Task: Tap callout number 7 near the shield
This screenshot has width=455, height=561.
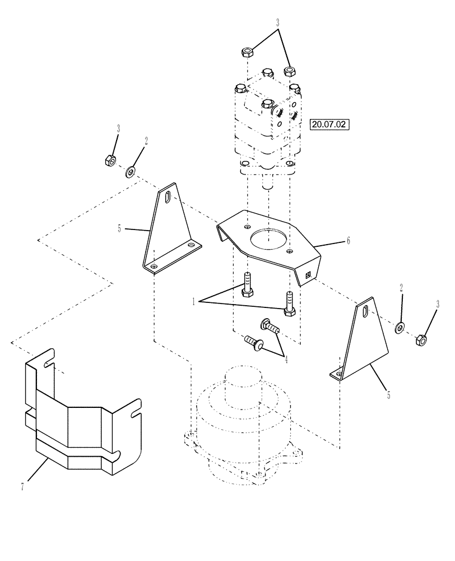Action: tap(22, 487)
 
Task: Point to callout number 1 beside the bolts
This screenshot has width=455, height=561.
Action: tap(194, 301)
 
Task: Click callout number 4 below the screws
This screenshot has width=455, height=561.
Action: tap(286, 360)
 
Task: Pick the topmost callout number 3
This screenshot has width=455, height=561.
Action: tap(277, 24)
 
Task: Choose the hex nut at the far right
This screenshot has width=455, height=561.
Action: tap(422, 339)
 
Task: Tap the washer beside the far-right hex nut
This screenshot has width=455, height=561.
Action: tap(400, 327)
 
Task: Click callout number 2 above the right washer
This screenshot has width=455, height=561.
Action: tap(401, 287)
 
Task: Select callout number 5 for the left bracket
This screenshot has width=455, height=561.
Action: tap(119, 228)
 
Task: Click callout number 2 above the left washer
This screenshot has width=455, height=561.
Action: tap(146, 141)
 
